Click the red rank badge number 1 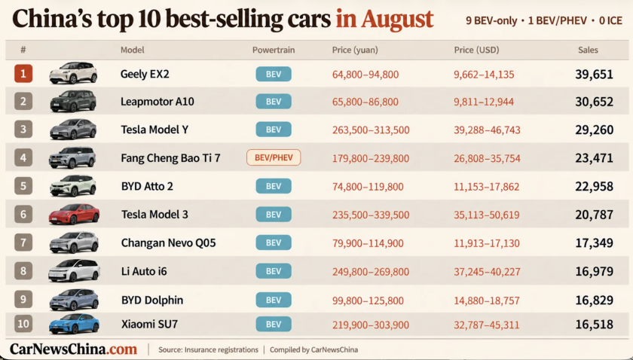[23, 74]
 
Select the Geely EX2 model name [145, 75]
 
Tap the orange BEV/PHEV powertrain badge [274, 157]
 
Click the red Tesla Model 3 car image [74, 214]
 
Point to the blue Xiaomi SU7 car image [74, 324]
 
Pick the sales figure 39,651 [595, 75]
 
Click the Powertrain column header [274, 50]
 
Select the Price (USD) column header [476, 50]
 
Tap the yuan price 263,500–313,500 [371, 130]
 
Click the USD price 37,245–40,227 [487, 272]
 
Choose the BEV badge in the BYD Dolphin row [274, 300]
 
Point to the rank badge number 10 [23, 324]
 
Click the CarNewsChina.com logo [74, 349]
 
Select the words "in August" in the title [385, 19]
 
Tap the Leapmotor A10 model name [157, 102]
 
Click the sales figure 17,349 [595, 243]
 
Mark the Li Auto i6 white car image [74, 270]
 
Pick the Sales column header [588, 50]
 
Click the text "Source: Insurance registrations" [208, 350]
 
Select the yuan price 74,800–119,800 [368, 187]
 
